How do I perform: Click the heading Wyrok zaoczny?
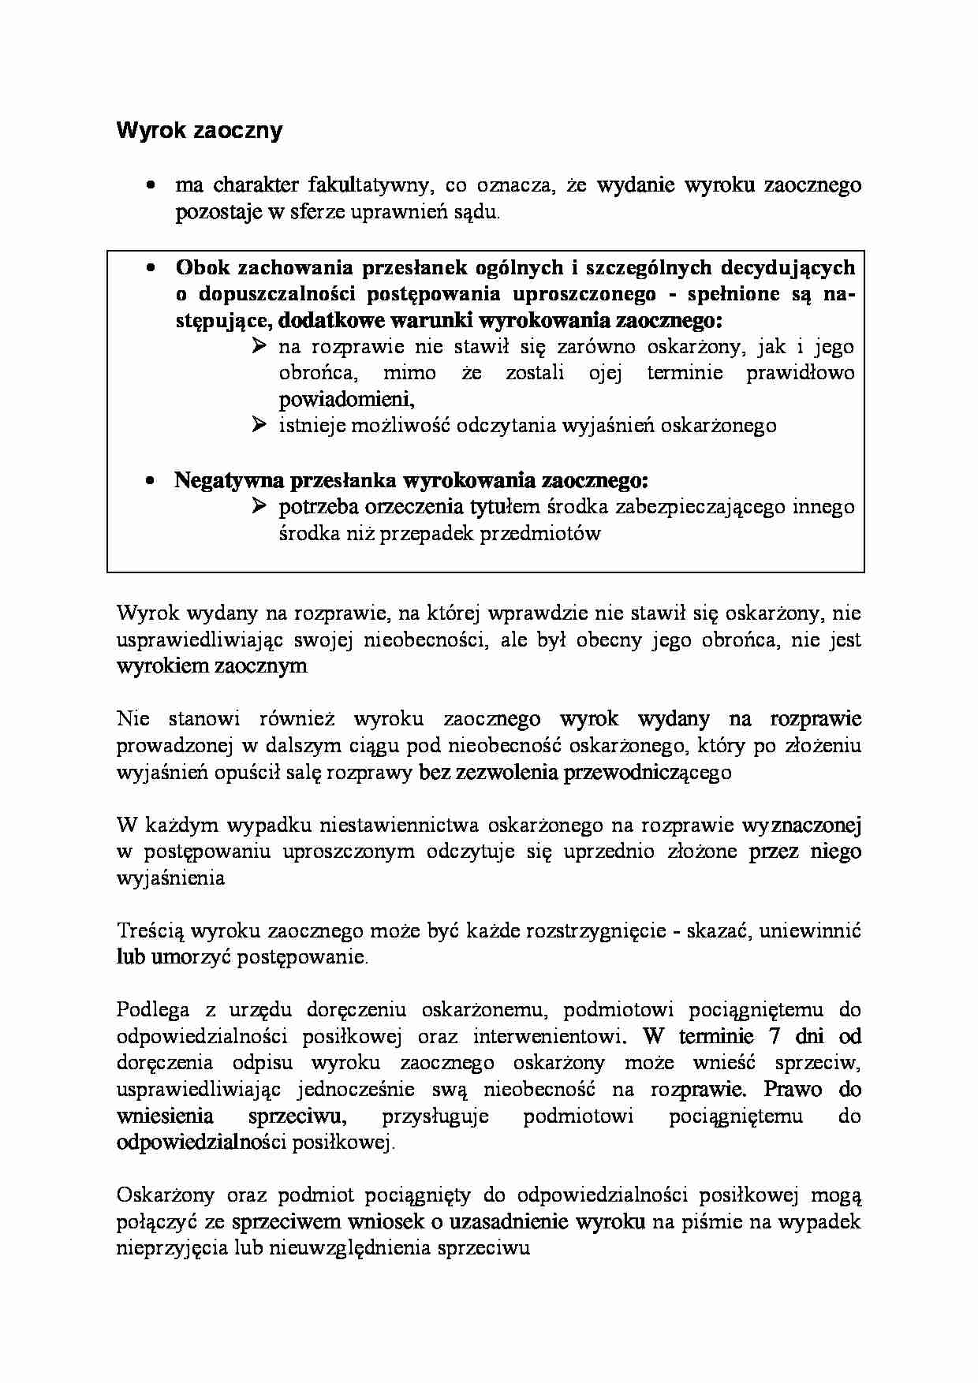199,131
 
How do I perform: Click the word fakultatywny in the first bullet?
370,186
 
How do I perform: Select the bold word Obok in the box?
200,268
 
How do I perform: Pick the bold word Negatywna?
229,480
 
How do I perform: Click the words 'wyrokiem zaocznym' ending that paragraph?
211,666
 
